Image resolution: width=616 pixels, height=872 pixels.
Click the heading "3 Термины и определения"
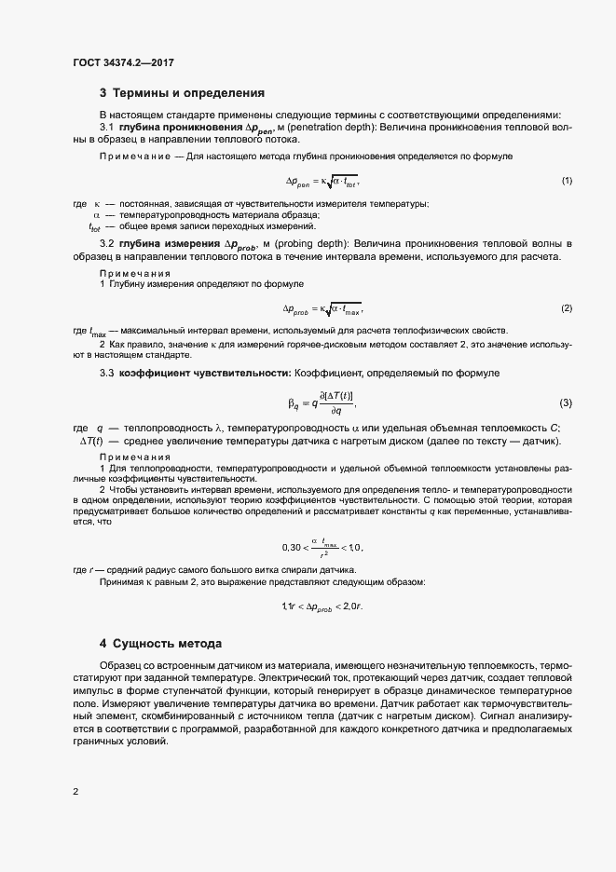pos(182,93)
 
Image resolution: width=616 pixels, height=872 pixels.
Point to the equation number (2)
pos(566,307)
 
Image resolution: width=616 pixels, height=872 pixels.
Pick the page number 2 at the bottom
pos(75,792)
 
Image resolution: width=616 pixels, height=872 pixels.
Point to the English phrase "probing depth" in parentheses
pos(364,244)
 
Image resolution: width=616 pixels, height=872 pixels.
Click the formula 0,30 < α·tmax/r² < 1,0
pos(321,547)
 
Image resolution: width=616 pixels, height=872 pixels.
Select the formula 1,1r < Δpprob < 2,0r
pos(322,606)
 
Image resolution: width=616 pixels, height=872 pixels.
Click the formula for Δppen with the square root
pos(321,181)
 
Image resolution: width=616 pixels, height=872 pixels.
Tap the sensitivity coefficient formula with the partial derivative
pos(321,403)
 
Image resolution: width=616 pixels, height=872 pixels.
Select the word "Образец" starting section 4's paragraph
pos(122,667)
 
